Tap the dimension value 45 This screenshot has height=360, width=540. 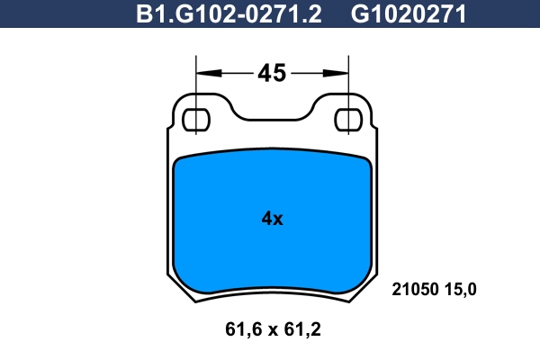pos(272,73)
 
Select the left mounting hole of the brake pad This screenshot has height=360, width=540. pos(195,120)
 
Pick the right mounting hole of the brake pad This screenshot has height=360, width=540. pos(348,120)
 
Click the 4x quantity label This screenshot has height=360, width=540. pos(272,219)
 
